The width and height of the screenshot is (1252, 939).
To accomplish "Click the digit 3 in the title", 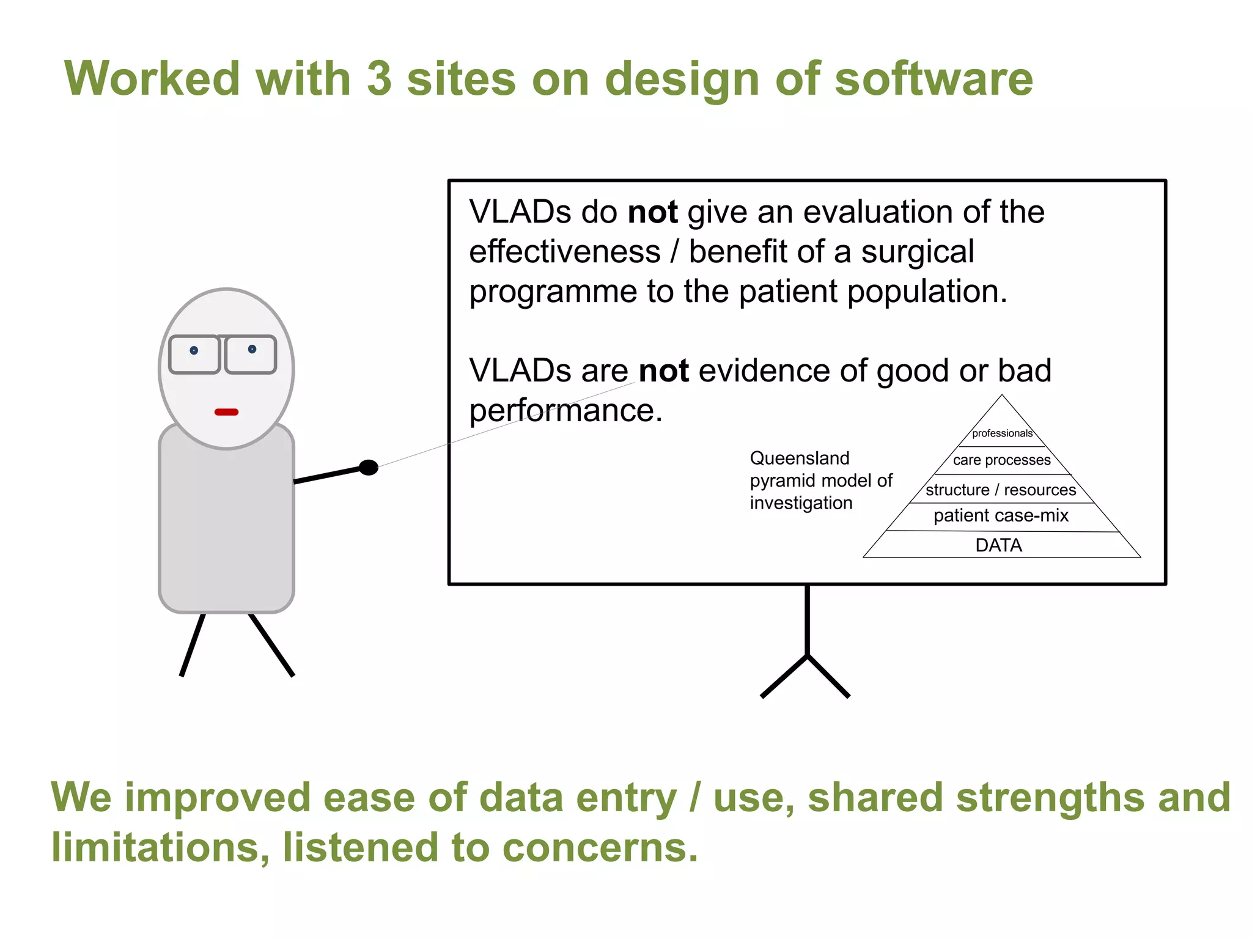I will pos(379,79).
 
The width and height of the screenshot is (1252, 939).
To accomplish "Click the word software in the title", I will pos(933,79).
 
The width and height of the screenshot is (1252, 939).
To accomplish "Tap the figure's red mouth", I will pos(226,412).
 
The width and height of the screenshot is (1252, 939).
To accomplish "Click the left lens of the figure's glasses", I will pos(194,355).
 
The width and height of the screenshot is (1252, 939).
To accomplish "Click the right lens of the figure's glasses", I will pos(251,354).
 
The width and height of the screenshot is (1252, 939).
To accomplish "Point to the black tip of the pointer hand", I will pos(369,468).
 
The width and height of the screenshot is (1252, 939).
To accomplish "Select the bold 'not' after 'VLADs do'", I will pos(652,213).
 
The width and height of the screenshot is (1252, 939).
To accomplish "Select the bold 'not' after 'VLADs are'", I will pos(663,371).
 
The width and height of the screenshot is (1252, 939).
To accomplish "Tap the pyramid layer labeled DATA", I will pos(999,545).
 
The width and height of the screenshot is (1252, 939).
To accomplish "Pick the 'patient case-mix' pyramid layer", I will pos(1001,516).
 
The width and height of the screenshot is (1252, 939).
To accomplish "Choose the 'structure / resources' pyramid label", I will pos(1001,490).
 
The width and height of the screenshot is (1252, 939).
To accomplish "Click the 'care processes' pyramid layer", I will pos(1001,460).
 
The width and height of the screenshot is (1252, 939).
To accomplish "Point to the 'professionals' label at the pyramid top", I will pos(1002,433).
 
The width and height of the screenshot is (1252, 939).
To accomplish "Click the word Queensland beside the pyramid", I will pos(799,458).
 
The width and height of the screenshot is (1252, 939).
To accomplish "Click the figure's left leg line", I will pos(193,645).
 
